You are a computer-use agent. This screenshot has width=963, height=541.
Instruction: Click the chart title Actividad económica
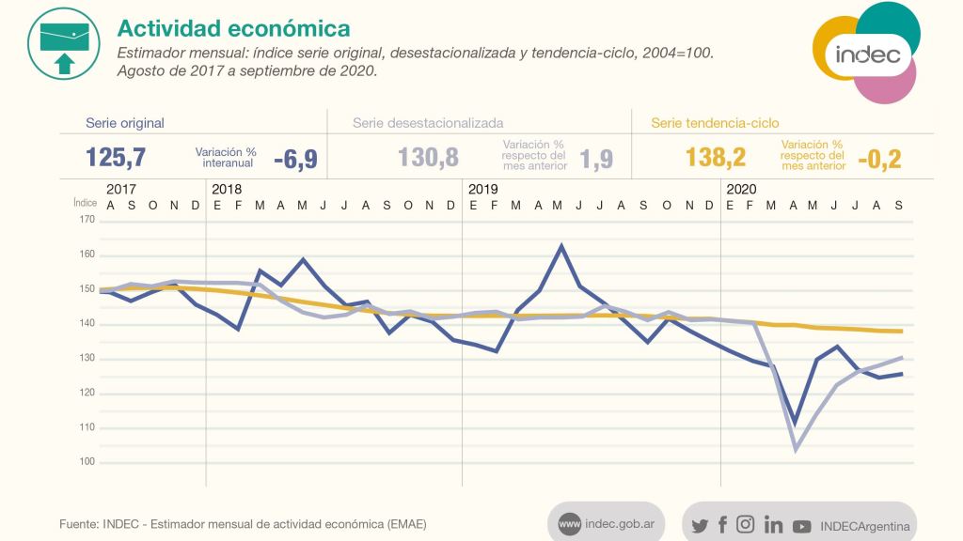tap(233, 29)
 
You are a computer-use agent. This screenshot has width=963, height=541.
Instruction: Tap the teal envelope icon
tap(64, 43)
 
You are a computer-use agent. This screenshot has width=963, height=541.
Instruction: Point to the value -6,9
tap(295, 159)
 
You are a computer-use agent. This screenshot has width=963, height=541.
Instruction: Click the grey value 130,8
tap(428, 157)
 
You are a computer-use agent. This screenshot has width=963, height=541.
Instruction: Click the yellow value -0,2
tap(878, 159)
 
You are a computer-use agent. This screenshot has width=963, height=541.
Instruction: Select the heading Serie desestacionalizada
tap(428, 122)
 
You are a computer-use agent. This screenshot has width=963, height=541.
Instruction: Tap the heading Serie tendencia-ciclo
tap(715, 122)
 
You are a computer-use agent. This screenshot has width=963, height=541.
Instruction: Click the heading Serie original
tap(125, 122)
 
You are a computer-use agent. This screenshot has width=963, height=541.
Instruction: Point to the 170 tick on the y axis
tap(87, 220)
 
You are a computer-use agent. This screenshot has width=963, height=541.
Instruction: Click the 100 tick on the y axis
tap(87, 462)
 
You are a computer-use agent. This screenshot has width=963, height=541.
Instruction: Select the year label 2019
tap(483, 189)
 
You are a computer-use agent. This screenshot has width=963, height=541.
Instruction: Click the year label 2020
tap(742, 189)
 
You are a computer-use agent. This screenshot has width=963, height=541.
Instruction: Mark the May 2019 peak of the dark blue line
tap(560, 246)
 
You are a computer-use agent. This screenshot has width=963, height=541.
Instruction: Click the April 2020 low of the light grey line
tap(796, 449)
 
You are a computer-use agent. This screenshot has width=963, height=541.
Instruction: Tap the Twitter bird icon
tap(700, 526)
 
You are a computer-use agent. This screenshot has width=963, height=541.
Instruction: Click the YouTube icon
tap(801, 527)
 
